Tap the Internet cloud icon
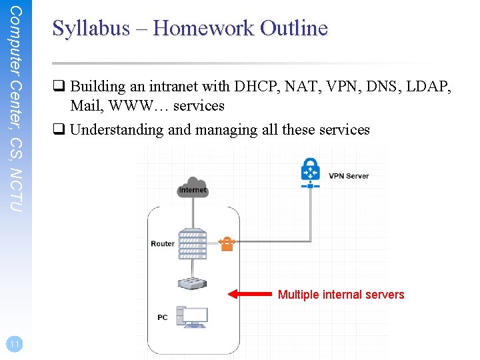pyautogui.click(x=193, y=187)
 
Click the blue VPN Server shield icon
pyautogui.click(x=310, y=171)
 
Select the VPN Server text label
pyautogui.click(x=348, y=177)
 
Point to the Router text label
pyautogui.click(x=163, y=244)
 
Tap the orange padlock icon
pyautogui.click(x=227, y=243)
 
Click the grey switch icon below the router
pyautogui.click(x=193, y=282)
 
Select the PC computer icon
pyautogui.click(x=192, y=317)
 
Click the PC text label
pyautogui.click(x=163, y=317)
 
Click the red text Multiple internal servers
pyautogui.click(x=341, y=295)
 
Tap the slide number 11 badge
pyautogui.click(x=13, y=344)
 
